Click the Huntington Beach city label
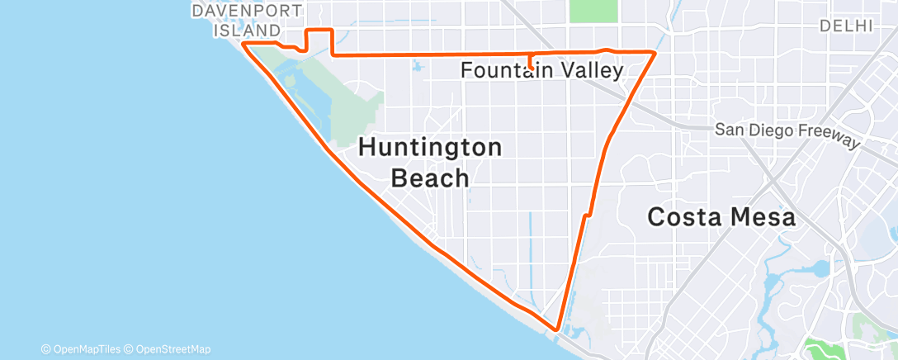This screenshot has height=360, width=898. click(430, 163)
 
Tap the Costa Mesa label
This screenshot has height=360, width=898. click(721, 217)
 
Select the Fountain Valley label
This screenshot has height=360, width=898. click(541, 71)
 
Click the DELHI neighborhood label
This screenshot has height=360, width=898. click(846, 26)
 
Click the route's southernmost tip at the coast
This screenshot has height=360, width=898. click(557, 329)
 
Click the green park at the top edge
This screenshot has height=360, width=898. click(593, 11)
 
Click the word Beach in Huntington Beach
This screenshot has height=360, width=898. click(430, 178)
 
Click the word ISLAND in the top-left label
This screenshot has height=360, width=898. click(247, 31)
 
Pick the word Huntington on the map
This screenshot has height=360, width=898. click(430, 148)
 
